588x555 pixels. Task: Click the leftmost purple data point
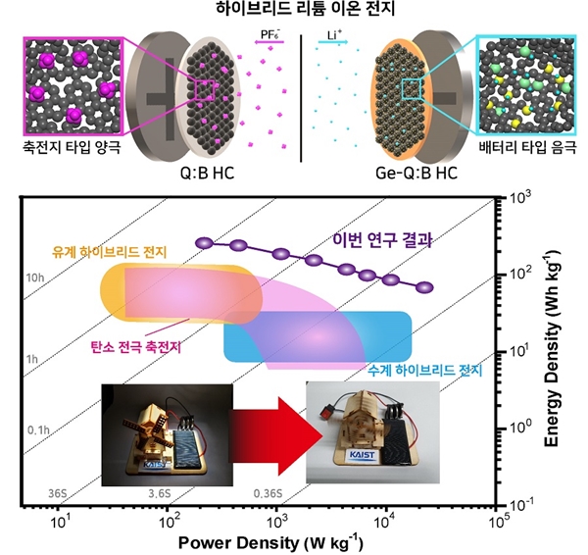203,242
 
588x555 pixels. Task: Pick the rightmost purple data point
423,287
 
